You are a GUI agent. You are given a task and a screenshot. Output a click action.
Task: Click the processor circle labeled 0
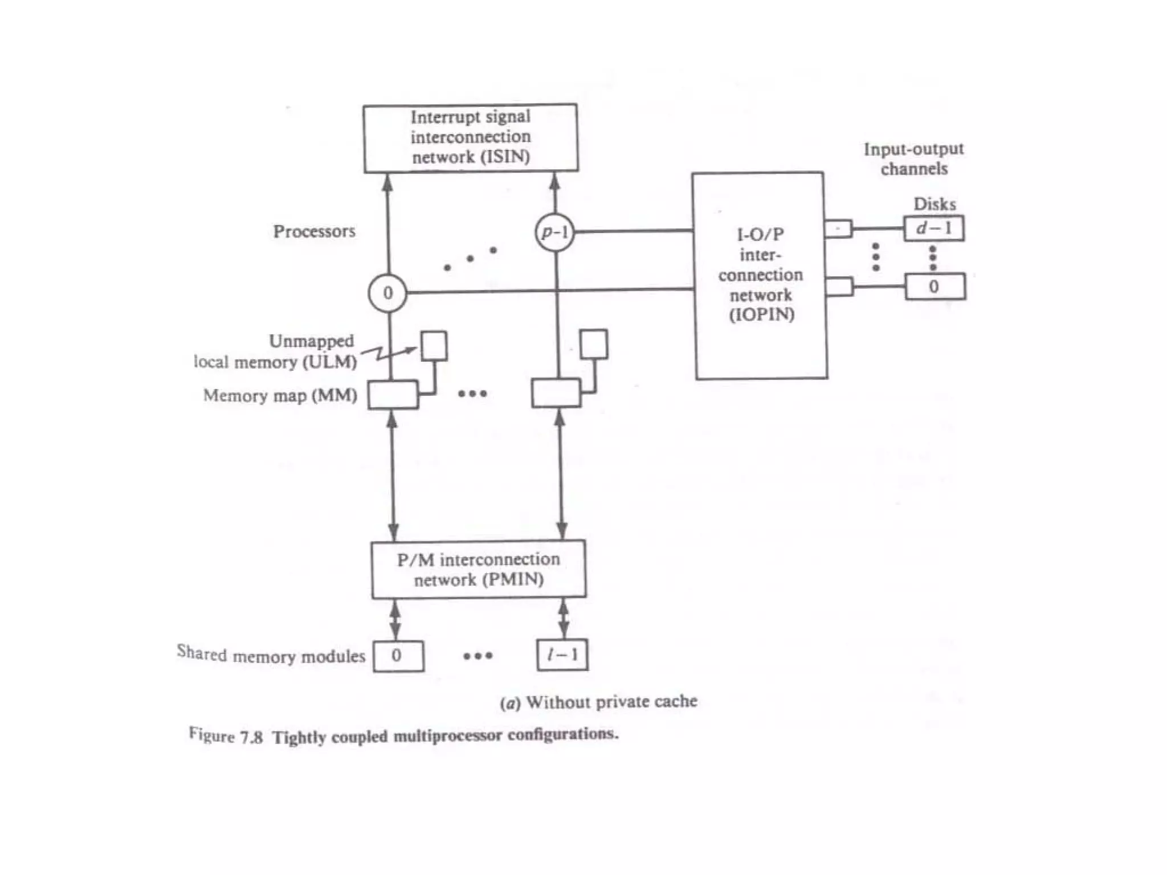(x=387, y=293)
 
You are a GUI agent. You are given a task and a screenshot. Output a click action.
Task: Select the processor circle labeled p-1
(x=554, y=232)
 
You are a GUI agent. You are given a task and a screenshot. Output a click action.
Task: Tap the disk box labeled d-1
(x=934, y=228)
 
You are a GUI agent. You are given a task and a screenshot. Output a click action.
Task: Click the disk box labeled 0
(x=935, y=287)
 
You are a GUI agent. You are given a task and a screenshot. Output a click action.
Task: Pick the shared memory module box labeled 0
(x=398, y=656)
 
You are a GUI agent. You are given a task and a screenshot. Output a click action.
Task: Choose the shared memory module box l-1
(x=562, y=655)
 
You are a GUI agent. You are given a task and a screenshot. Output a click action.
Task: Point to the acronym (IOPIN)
(x=761, y=314)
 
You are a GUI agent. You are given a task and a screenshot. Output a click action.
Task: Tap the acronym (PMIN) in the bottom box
(x=513, y=579)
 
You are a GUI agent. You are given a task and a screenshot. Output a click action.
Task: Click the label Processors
(x=314, y=231)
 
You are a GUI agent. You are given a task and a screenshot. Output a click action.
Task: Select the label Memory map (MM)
(x=280, y=395)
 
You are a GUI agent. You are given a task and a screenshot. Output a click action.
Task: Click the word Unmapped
(x=311, y=341)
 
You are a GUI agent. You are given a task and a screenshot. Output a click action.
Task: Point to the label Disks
(x=935, y=204)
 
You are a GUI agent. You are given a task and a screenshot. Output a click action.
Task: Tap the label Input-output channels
(x=913, y=159)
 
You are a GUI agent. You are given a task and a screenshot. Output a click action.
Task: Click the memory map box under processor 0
(x=393, y=395)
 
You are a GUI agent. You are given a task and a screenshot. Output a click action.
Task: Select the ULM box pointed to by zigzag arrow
(x=434, y=346)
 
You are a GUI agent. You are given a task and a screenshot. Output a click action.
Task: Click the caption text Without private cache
(x=611, y=701)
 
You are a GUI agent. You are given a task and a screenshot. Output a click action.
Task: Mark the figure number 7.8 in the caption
(x=251, y=737)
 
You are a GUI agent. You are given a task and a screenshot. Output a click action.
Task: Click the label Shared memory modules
(x=271, y=655)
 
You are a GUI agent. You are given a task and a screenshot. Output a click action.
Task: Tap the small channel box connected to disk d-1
(x=838, y=229)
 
